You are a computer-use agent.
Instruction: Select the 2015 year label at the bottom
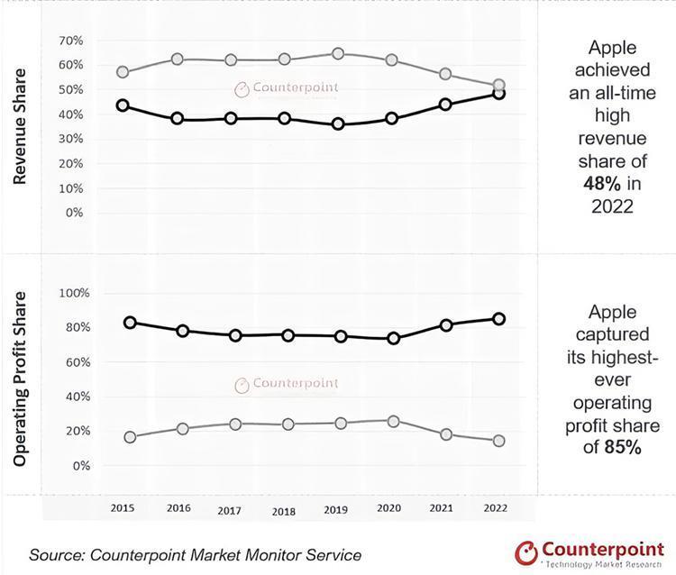click(123, 507)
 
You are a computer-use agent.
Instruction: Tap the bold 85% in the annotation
click(623, 445)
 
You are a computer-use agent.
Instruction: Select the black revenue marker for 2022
click(498, 94)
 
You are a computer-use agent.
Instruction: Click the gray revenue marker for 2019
click(338, 54)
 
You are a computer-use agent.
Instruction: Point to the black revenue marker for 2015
click(123, 105)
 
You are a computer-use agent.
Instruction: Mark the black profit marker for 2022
click(498, 318)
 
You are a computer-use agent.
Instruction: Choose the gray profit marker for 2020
click(393, 421)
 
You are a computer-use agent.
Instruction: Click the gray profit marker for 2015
click(131, 437)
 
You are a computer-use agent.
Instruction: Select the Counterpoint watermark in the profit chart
click(287, 384)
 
